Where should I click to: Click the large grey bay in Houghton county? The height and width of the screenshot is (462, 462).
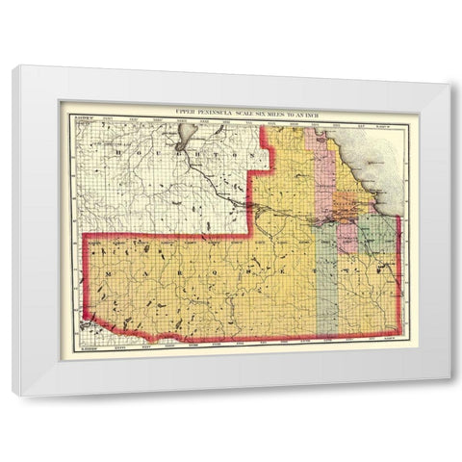[188, 138]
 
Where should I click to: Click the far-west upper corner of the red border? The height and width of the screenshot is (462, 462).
[88, 236]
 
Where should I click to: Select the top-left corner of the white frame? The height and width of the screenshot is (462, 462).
[13, 65]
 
